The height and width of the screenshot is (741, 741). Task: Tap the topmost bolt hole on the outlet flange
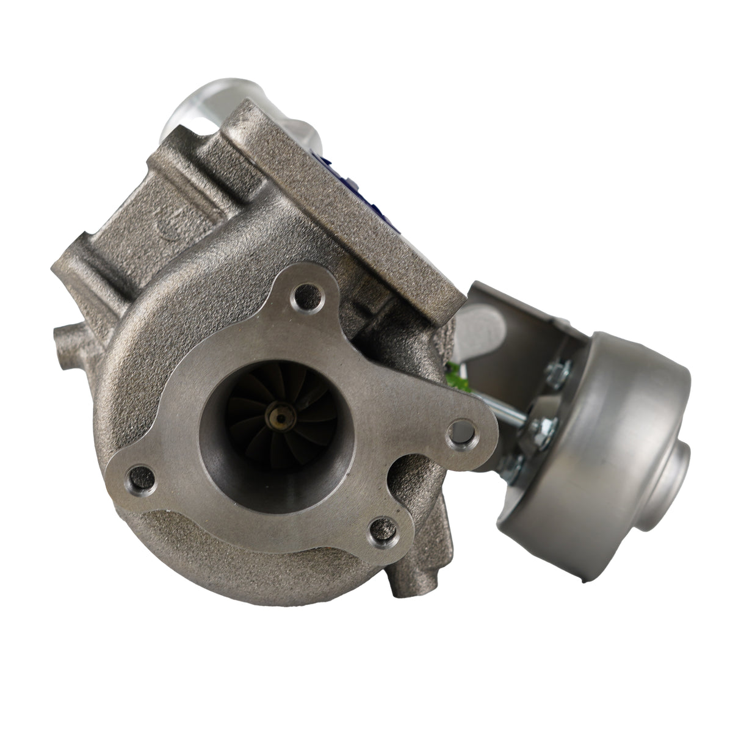pos(305,300)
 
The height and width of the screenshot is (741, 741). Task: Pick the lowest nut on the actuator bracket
pos(516,466)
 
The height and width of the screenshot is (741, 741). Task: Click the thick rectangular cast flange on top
pos(342,201)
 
